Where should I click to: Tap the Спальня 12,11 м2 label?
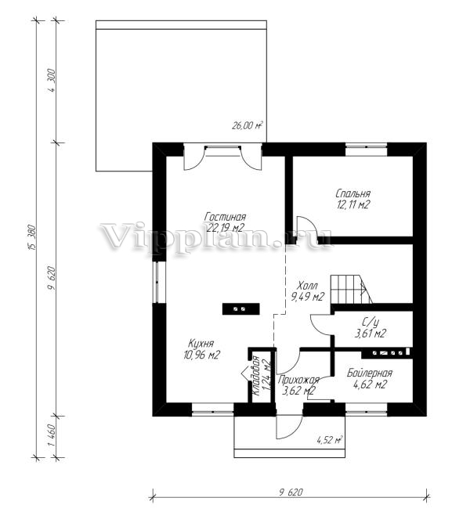(x=353, y=199)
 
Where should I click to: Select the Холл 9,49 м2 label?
(x=307, y=291)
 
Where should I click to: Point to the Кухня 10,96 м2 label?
(x=201, y=349)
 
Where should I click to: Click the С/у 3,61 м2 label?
(x=371, y=328)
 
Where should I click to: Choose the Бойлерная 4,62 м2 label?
(x=370, y=379)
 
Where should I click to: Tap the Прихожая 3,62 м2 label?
(x=298, y=385)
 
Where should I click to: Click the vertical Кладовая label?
(x=256, y=376)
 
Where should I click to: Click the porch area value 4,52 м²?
(x=330, y=440)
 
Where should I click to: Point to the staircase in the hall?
(x=352, y=290)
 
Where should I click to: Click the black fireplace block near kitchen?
(x=241, y=308)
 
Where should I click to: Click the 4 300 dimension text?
(x=52, y=81)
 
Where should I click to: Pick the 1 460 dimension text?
(x=52, y=436)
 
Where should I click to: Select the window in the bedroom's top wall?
(x=366, y=146)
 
